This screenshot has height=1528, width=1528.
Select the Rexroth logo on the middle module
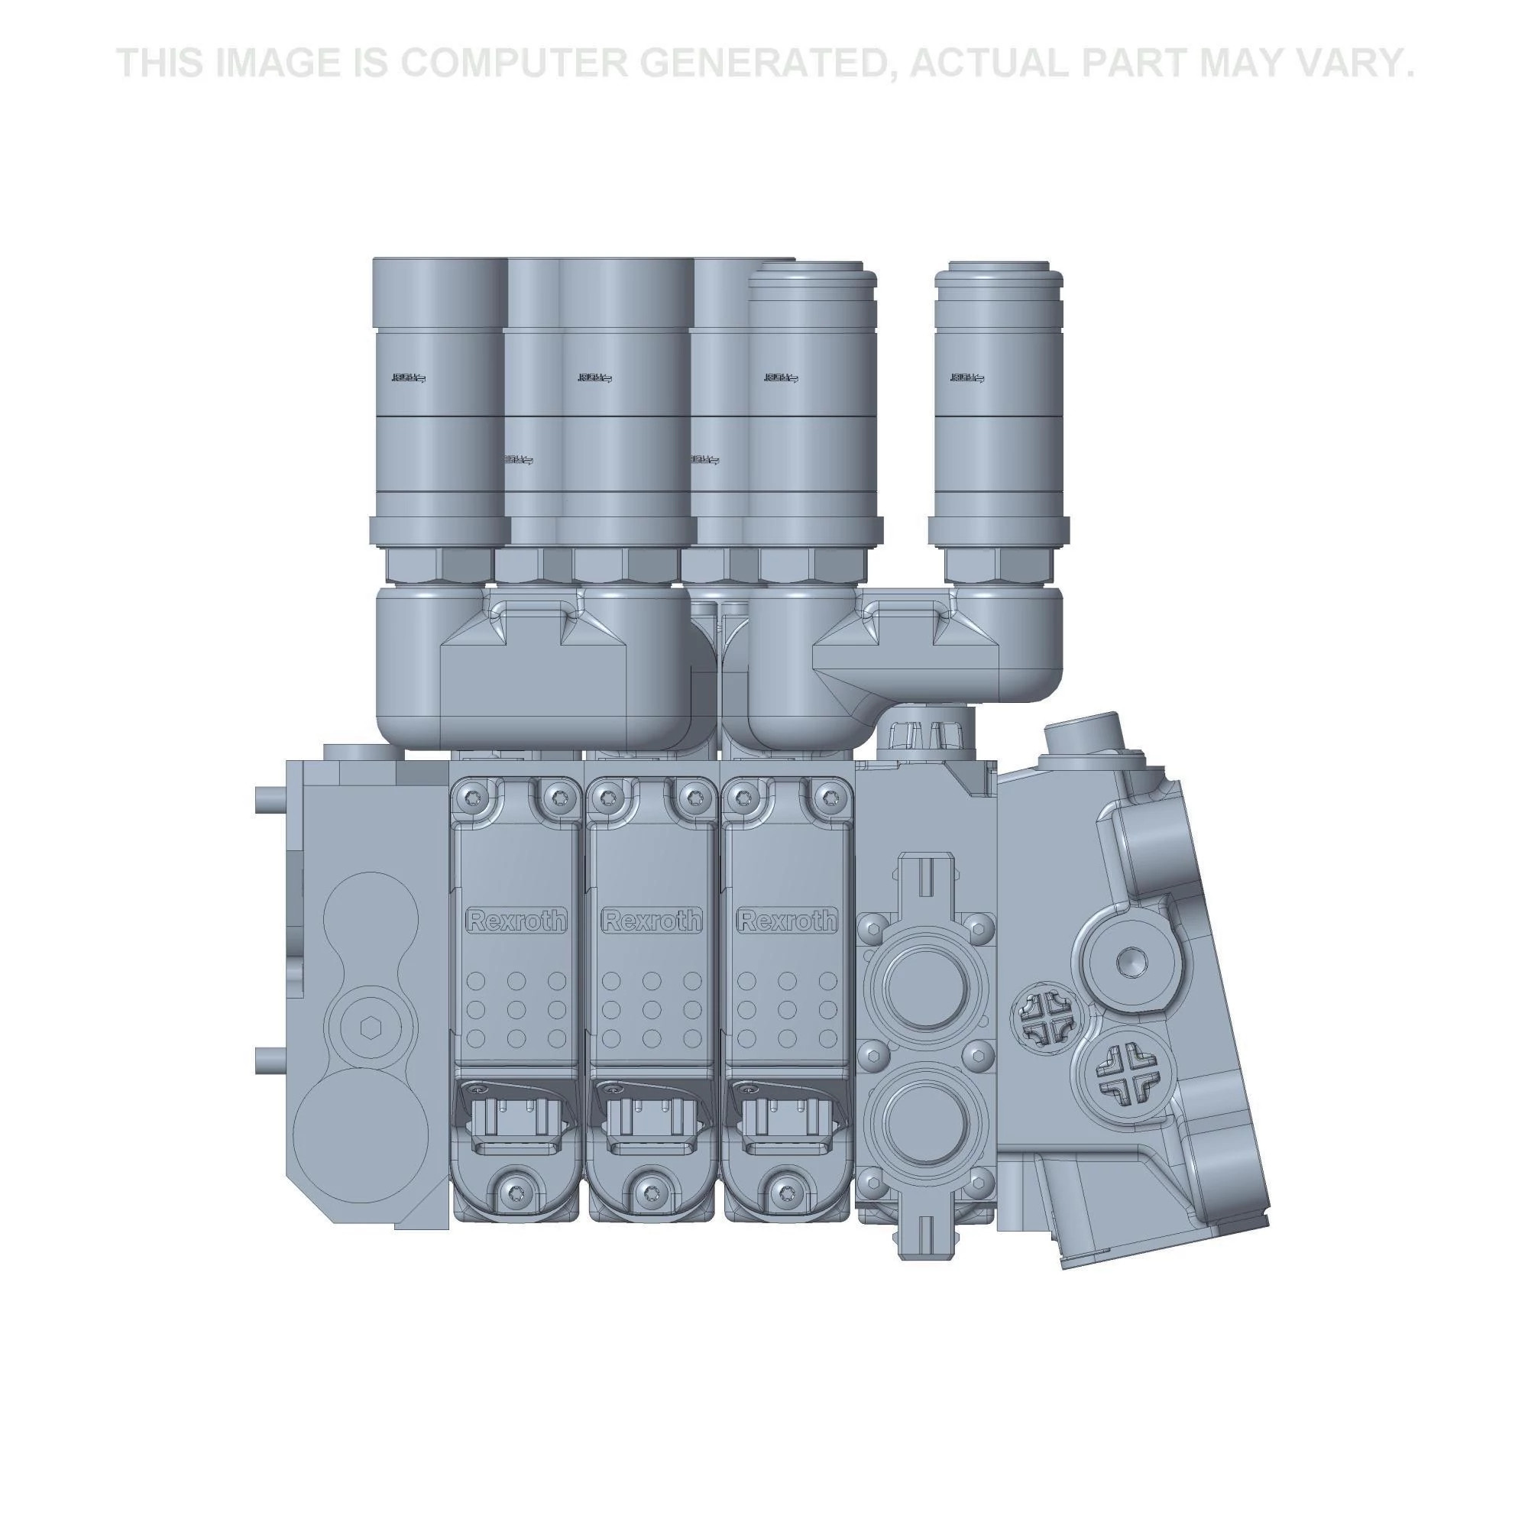pos(652,921)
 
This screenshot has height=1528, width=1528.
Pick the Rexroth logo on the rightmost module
pos(787,921)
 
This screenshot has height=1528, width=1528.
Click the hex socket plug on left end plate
pos(367,1028)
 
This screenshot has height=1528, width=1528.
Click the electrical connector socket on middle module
pos(652,1122)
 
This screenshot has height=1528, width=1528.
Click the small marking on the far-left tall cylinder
pos(408,378)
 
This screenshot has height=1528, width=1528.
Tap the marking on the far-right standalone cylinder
pos(967,378)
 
